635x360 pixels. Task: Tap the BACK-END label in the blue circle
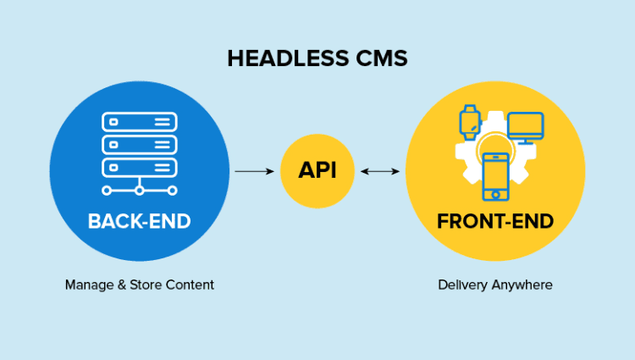139,222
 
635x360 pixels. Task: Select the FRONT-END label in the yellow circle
495,222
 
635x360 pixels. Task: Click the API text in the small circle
317,170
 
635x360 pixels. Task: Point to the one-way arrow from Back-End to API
255,171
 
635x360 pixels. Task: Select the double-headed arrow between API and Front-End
379,171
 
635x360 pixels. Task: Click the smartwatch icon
470,122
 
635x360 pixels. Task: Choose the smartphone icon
496,176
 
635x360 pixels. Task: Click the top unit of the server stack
139,122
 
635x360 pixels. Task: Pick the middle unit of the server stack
139,144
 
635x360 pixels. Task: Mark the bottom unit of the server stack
139,165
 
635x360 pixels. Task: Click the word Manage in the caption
88,285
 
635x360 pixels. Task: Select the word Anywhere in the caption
520,285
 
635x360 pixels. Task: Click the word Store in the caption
146,285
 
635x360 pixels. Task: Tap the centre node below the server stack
139,191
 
